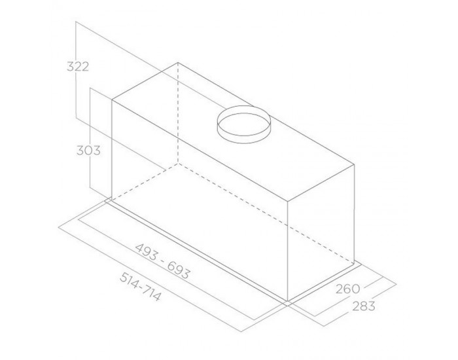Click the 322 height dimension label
[x=78, y=67]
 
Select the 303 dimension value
[x=88, y=151]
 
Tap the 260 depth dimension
[x=347, y=289]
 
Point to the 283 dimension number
[x=363, y=306]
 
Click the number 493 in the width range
[x=146, y=252]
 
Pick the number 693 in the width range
[x=179, y=270]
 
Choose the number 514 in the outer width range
[x=130, y=281]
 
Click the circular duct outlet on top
[x=244, y=124]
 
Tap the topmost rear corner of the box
[x=178, y=63]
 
